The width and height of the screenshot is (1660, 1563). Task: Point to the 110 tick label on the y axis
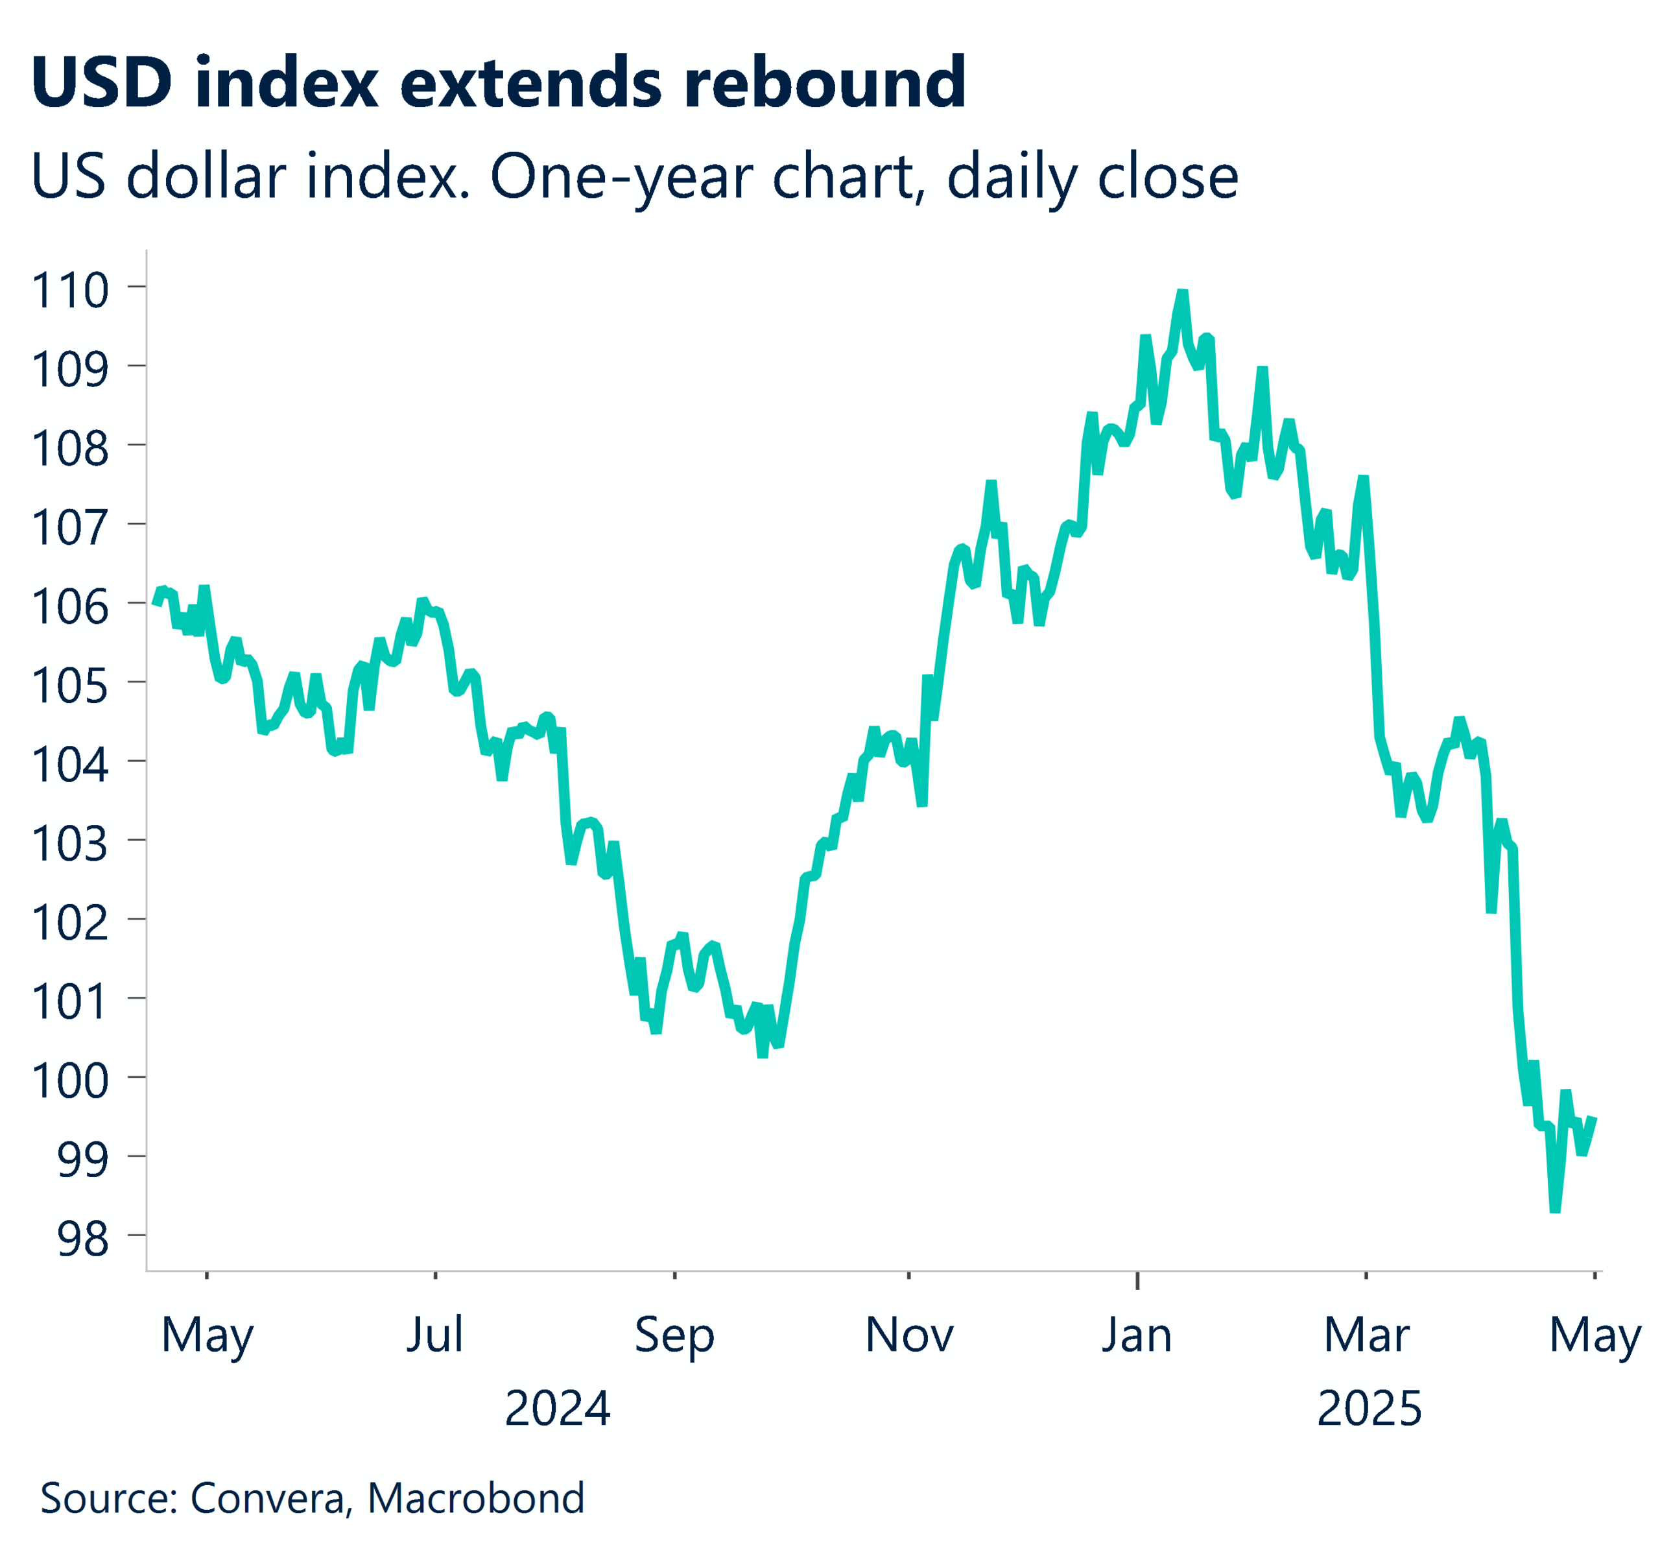tap(70, 291)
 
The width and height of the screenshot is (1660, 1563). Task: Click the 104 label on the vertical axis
tap(70, 765)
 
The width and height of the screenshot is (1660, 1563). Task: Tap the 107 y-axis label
tap(70, 528)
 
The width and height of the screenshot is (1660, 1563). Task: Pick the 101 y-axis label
tap(70, 1002)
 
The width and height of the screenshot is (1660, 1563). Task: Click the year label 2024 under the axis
tap(557, 1409)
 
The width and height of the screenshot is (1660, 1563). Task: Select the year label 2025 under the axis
tap(1369, 1409)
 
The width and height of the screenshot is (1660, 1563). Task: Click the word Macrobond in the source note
tap(475, 1498)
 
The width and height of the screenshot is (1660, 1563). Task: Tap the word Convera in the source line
tap(267, 1498)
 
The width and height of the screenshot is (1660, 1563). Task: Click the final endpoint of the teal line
tap(1593, 1118)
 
